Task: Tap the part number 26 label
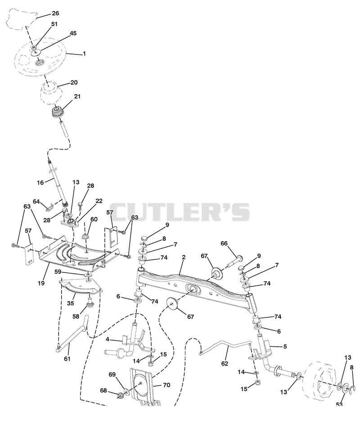click(55, 14)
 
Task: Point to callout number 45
click(73, 33)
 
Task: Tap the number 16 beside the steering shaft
click(40, 183)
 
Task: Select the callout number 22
click(99, 201)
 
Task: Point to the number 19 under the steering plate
click(41, 283)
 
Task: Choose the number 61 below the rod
click(67, 358)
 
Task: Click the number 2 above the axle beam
click(184, 257)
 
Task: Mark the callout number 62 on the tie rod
click(225, 363)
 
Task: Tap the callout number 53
click(339, 404)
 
